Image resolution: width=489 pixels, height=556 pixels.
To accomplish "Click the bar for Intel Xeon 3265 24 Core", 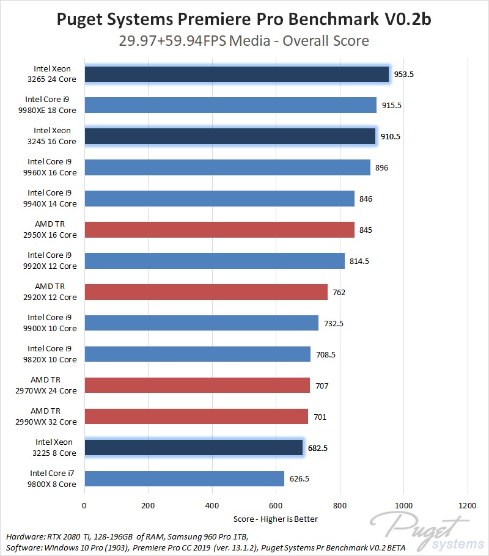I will point(237,74).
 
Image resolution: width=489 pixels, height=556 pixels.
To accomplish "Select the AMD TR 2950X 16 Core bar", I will point(219,230).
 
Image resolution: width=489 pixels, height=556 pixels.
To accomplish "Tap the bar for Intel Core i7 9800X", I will point(184,478).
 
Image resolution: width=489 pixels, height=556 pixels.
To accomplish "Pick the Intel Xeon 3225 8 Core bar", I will point(193,447).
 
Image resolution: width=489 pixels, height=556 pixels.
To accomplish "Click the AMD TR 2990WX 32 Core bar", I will point(196,416).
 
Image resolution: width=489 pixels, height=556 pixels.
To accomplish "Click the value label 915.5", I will point(392,105).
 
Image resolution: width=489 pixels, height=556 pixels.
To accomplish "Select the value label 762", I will point(339,292).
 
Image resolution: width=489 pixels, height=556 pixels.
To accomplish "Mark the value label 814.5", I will point(359,261).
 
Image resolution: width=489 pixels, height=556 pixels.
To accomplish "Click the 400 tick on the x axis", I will point(212,505).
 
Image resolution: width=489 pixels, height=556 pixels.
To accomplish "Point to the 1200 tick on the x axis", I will point(467,505).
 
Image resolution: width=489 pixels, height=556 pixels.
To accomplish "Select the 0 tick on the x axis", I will point(84,505).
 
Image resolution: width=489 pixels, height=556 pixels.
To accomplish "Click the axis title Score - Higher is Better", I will point(276,519).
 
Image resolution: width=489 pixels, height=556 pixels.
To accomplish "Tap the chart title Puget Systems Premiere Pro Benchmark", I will point(244,20).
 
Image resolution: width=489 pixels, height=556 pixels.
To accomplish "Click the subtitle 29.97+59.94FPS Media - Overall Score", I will point(244,42).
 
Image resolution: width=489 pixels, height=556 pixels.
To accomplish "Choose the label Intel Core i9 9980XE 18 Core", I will point(51,105).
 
